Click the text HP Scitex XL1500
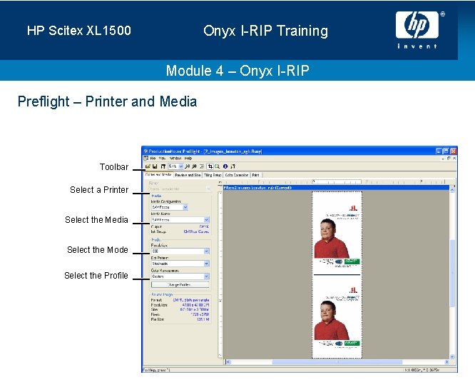click(79, 31)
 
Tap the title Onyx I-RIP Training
click(265, 31)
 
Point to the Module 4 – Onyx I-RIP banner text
click(237, 71)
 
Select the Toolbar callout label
click(114, 167)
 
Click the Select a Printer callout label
click(99, 190)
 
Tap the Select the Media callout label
click(96, 220)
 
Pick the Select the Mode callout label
click(98, 250)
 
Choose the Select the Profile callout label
click(96, 276)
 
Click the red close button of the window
click(453, 151)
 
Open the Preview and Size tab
click(188, 174)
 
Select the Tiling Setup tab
click(213, 174)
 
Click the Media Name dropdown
click(180, 220)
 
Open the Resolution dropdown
click(180, 251)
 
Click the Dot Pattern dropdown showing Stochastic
click(180, 264)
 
